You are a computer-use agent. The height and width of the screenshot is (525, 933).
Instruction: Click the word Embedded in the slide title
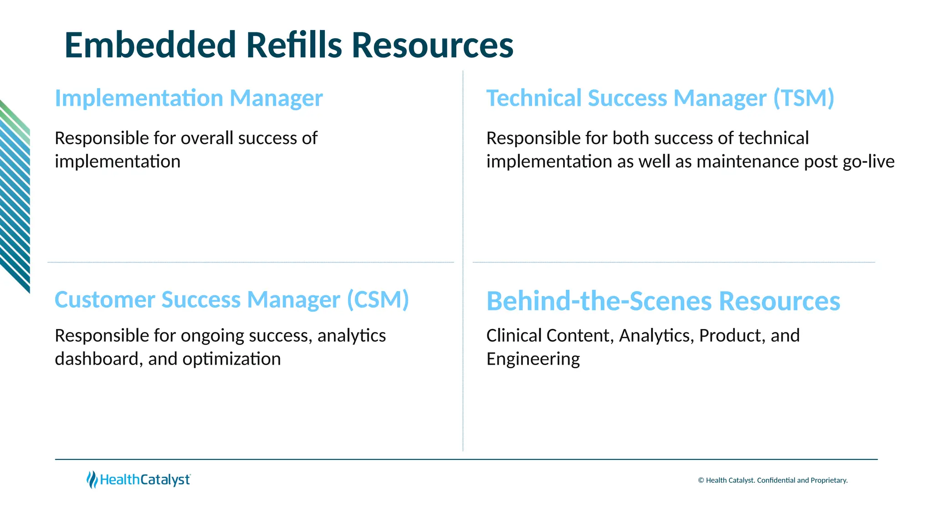(x=150, y=45)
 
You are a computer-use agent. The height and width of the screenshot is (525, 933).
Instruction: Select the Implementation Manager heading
(x=189, y=98)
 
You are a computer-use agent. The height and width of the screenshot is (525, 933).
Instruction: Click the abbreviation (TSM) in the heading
(x=804, y=98)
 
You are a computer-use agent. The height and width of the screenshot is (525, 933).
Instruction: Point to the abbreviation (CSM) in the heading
(x=378, y=299)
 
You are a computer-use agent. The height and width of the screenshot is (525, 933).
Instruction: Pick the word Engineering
(x=533, y=360)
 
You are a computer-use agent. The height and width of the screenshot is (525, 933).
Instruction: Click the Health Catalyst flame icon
(x=92, y=479)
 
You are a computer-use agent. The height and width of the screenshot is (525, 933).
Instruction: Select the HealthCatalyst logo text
(x=145, y=480)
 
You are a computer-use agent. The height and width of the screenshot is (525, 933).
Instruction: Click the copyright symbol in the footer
(x=701, y=480)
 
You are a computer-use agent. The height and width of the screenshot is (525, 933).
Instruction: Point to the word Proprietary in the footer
(x=829, y=480)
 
